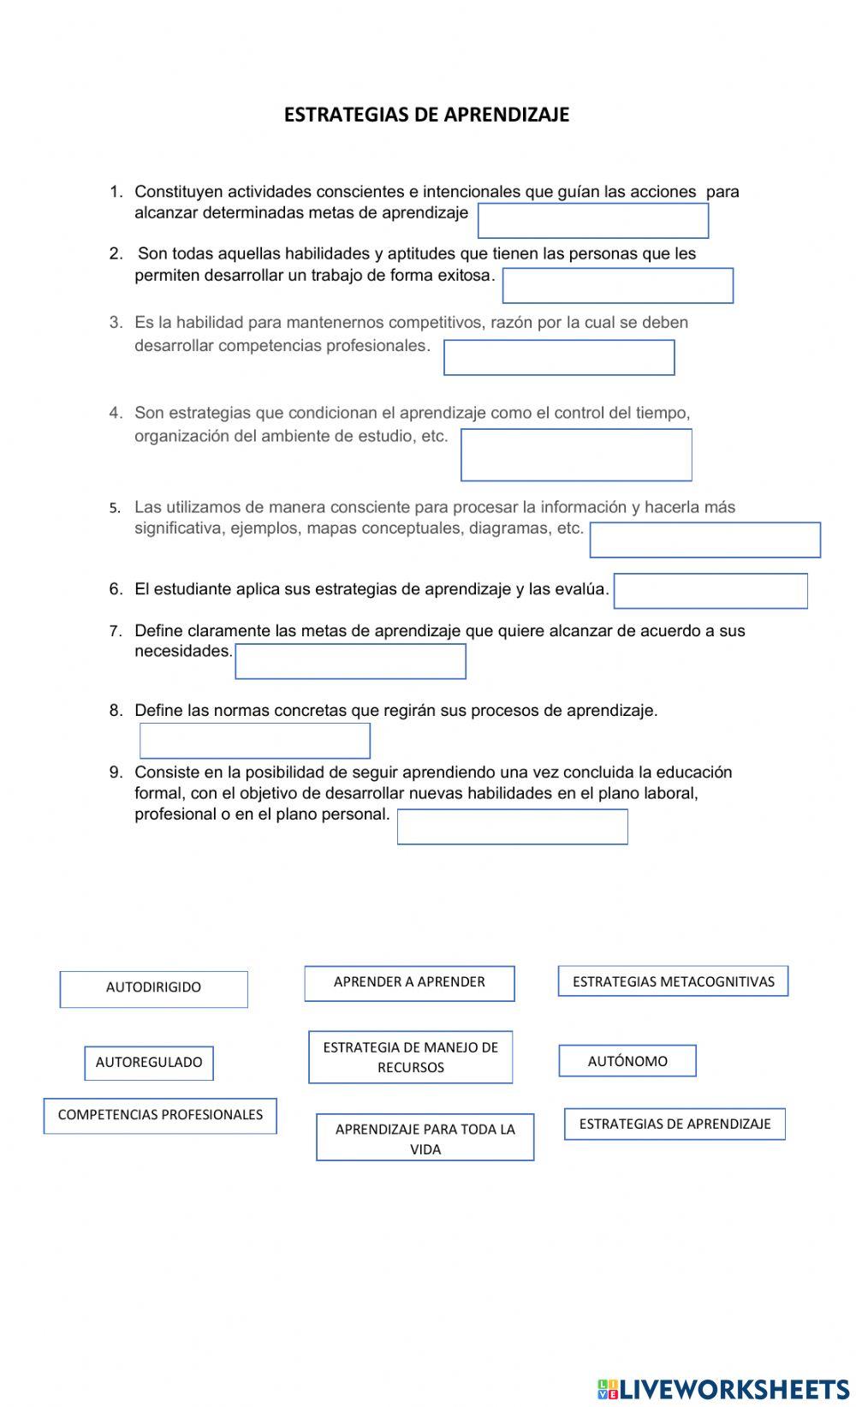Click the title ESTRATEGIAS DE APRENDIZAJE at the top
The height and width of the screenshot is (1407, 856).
(x=426, y=115)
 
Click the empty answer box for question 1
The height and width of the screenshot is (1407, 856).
(x=592, y=221)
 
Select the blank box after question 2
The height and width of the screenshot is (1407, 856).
(x=617, y=286)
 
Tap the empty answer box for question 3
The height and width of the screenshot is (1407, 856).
(x=558, y=358)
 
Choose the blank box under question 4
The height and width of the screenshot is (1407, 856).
(x=575, y=455)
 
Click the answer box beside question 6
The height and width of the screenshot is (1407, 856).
(x=710, y=591)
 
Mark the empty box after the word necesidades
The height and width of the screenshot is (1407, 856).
(x=350, y=662)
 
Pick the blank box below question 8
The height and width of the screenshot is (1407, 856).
(x=254, y=741)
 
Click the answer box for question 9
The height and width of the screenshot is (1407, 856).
(x=512, y=827)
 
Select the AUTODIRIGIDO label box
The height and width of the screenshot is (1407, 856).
(x=153, y=988)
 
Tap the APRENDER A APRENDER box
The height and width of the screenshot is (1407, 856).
(x=409, y=983)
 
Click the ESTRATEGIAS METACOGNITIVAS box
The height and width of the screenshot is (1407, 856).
(x=673, y=982)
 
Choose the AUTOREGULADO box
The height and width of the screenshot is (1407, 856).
(x=149, y=1063)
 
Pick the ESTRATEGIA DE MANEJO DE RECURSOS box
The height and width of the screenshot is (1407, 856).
(x=410, y=1058)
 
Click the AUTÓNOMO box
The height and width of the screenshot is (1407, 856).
(x=627, y=1061)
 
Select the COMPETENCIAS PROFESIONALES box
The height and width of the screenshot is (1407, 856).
(x=160, y=1116)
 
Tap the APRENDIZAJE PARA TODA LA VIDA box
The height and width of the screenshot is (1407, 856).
(x=425, y=1138)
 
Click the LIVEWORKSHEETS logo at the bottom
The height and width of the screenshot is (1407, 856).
(x=722, y=1388)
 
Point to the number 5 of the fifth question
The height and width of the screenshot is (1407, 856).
(x=114, y=508)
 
